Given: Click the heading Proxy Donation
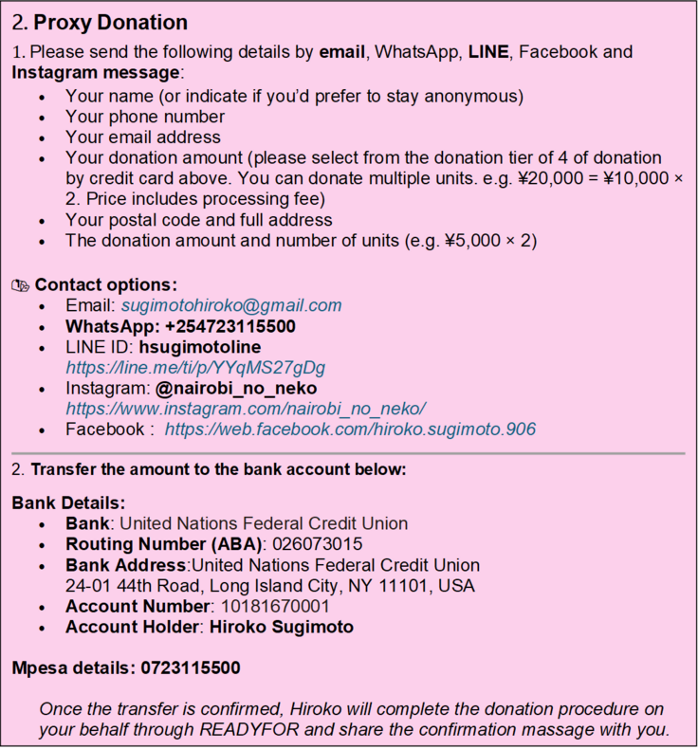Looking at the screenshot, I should point(110,23).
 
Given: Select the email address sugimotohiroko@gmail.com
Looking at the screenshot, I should point(230,305).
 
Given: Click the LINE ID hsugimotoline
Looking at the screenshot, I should point(200,347).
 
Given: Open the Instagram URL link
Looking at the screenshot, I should point(245,409).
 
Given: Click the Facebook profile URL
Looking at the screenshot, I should point(350,429).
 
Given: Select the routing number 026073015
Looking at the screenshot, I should point(317,544).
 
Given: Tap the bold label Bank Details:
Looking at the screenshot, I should point(68,502).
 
